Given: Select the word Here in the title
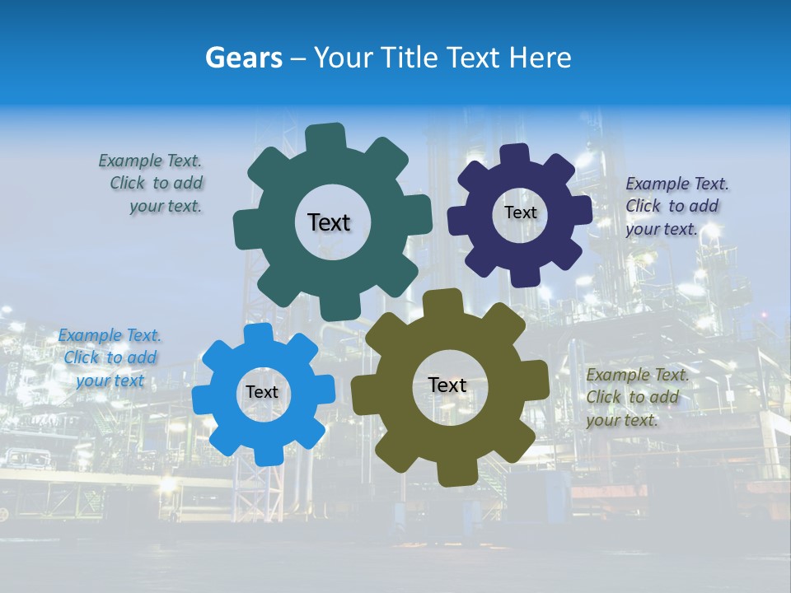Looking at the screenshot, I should [540, 58].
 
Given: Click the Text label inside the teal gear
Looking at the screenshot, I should [329, 222].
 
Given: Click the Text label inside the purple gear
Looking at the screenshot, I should [520, 212].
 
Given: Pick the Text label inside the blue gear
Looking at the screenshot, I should [262, 392].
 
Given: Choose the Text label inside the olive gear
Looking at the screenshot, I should [447, 385].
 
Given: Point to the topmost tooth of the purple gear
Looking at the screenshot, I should [516, 155].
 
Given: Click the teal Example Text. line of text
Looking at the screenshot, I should [150, 161].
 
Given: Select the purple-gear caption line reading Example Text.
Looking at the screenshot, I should [677, 184].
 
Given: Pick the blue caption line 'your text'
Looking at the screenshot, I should [110, 381].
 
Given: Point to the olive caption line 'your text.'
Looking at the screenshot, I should [622, 420].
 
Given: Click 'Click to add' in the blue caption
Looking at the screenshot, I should [110, 357].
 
